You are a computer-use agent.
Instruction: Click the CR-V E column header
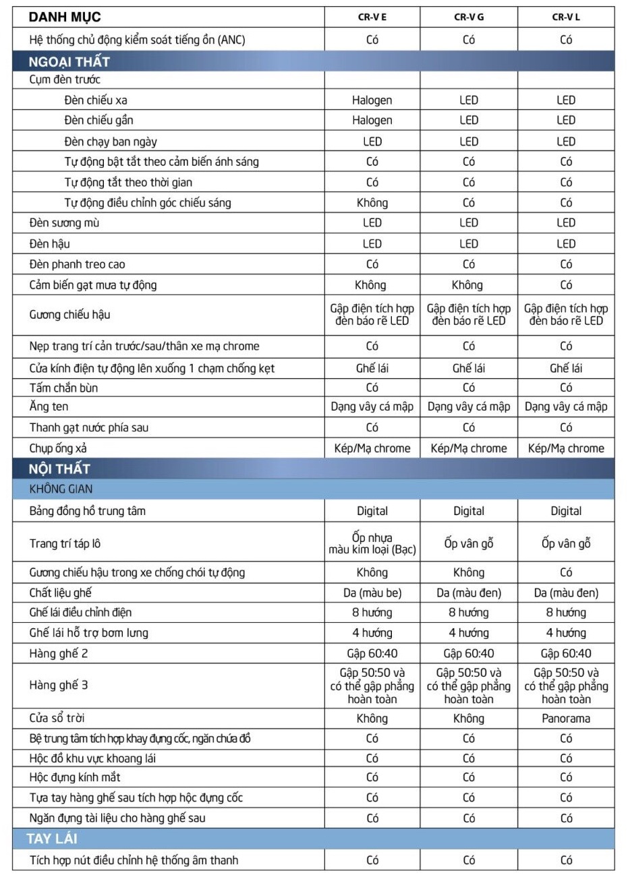[372, 18]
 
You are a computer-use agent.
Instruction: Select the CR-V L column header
[566, 18]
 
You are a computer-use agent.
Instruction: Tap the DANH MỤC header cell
[65, 18]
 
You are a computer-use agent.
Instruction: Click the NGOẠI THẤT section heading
[69, 62]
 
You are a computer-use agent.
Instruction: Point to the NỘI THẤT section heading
[59, 468]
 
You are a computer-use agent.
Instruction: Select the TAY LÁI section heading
[52, 839]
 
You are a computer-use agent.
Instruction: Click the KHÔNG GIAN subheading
[61, 489]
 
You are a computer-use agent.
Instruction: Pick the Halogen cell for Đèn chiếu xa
[372, 100]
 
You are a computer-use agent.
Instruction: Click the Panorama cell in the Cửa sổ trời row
[566, 718]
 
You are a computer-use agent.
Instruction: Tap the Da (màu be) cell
[372, 593]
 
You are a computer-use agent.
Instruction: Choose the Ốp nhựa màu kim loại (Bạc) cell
[372, 543]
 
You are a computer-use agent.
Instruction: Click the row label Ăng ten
[49, 406]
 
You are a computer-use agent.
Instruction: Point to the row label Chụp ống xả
[58, 448]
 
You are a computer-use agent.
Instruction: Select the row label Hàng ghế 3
[59, 685]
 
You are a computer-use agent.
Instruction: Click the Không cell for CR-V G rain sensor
[468, 284]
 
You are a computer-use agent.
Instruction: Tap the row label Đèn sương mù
[65, 222]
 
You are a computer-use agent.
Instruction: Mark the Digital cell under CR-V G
[468, 511]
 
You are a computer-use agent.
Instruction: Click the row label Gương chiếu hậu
[70, 315]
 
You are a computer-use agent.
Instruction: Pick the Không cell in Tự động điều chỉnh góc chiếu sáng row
[372, 202]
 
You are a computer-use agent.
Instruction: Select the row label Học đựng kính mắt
[75, 777]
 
